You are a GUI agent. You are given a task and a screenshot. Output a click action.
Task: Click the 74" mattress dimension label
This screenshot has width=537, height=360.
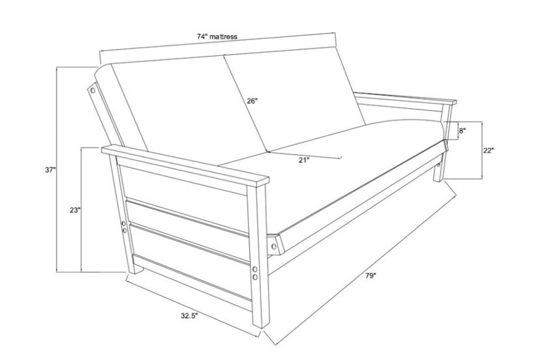(217, 37)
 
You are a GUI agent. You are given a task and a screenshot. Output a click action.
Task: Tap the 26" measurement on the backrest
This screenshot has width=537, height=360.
(253, 101)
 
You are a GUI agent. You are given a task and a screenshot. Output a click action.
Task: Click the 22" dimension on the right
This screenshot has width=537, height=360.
(489, 150)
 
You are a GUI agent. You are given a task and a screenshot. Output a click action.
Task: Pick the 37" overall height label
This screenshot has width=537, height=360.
(50, 170)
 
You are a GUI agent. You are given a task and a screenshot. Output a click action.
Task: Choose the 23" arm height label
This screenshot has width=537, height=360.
(74, 210)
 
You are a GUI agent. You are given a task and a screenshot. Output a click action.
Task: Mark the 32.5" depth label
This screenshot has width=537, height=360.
(189, 316)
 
